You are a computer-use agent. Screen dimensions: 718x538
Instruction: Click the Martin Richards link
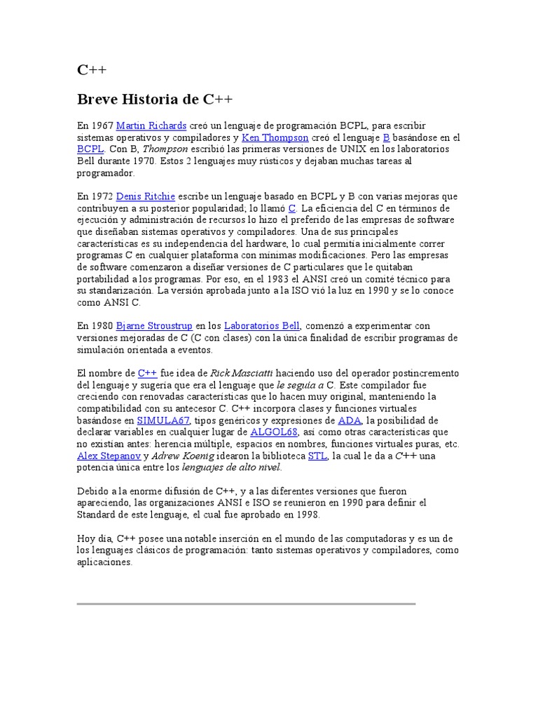coord(151,126)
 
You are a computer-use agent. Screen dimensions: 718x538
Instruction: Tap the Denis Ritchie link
coord(146,196)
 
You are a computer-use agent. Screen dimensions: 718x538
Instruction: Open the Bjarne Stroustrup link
coord(154,325)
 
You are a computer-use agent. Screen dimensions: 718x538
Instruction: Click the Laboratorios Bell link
coord(261,325)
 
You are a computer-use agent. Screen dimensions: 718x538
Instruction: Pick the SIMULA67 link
coord(163,420)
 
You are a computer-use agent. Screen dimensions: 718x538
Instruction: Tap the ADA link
coord(349,420)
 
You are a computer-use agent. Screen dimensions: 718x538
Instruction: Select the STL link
coord(317,456)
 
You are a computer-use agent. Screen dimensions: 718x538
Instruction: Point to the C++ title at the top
coord(91,70)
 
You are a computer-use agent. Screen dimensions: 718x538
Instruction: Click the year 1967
coord(102,126)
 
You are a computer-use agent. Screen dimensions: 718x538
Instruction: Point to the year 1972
coord(102,196)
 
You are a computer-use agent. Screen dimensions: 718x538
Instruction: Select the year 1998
coord(307,515)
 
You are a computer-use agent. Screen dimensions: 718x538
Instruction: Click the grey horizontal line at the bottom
coord(246,602)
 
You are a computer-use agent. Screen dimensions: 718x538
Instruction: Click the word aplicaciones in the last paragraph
coord(105,562)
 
